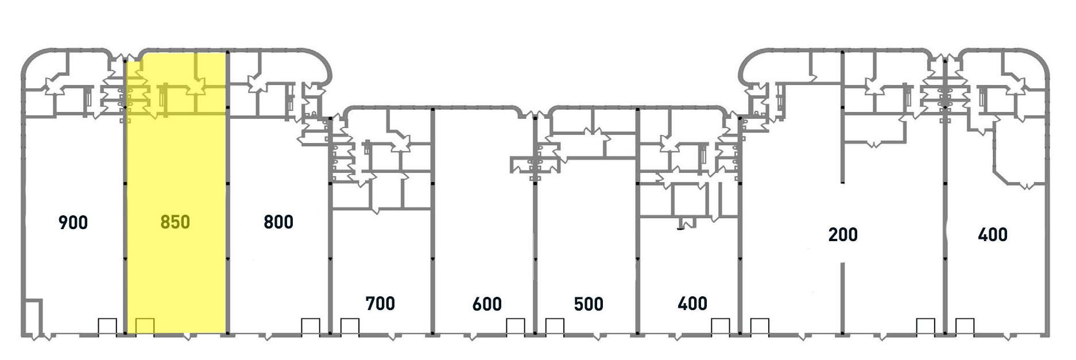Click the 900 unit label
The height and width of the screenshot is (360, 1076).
pyautogui.click(x=73, y=222)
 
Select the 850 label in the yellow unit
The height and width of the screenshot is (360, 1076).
pyautogui.click(x=175, y=222)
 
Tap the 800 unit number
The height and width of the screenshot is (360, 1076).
pyautogui.click(x=278, y=222)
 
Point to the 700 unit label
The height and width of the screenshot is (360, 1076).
pyautogui.click(x=380, y=303)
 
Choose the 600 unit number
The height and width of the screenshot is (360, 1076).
pyautogui.click(x=487, y=304)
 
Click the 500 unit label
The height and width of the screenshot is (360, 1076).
pyautogui.click(x=589, y=304)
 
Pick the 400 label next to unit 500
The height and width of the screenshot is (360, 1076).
pyautogui.click(x=692, y=303)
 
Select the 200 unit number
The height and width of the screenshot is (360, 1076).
pyautogui.click(x=843, y=234)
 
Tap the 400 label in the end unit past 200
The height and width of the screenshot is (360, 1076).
pyautogui.click(x=993, y=234)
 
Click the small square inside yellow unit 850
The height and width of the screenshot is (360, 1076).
pyautogui.click(x=145, y=326)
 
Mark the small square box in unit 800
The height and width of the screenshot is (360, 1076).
pyautogui.click(x=311, y=326)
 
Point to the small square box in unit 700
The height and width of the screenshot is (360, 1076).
pyautogui.click(x=350, y=326)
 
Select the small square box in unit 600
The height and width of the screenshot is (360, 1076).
pyautogui.click(x=516, y=326)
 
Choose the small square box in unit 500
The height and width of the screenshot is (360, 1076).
pyautogui.click(x=555, y=326)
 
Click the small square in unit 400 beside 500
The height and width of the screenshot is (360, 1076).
pyautogui.click(x=721, y=326)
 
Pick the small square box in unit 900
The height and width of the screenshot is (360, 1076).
pyautogui.click(x=107, y=326)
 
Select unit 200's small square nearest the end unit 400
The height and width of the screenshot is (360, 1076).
pyautogui.click(x=926, y=326)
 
